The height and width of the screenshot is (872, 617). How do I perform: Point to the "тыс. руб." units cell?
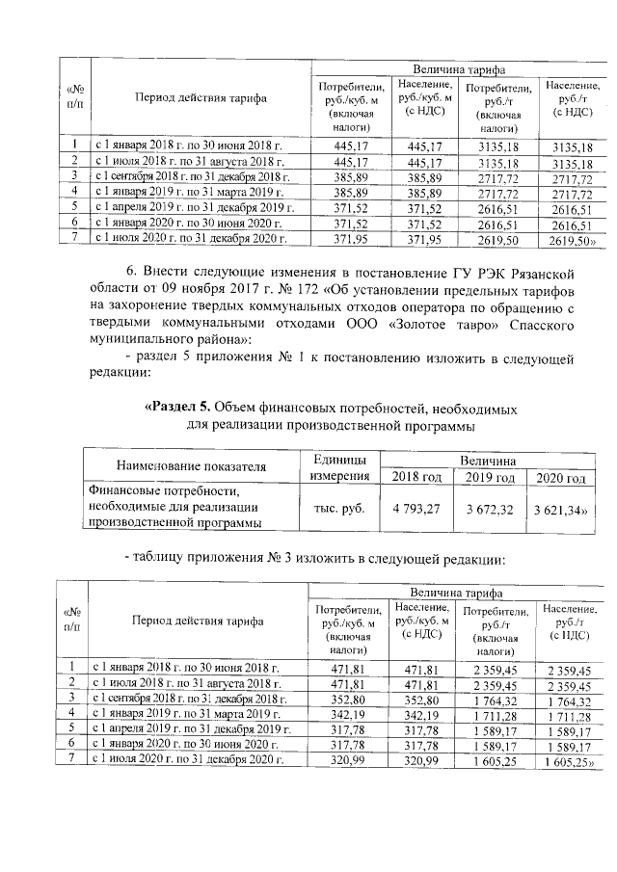340,508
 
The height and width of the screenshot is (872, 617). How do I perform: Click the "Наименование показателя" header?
191,467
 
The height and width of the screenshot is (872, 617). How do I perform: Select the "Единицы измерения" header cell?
340,468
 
